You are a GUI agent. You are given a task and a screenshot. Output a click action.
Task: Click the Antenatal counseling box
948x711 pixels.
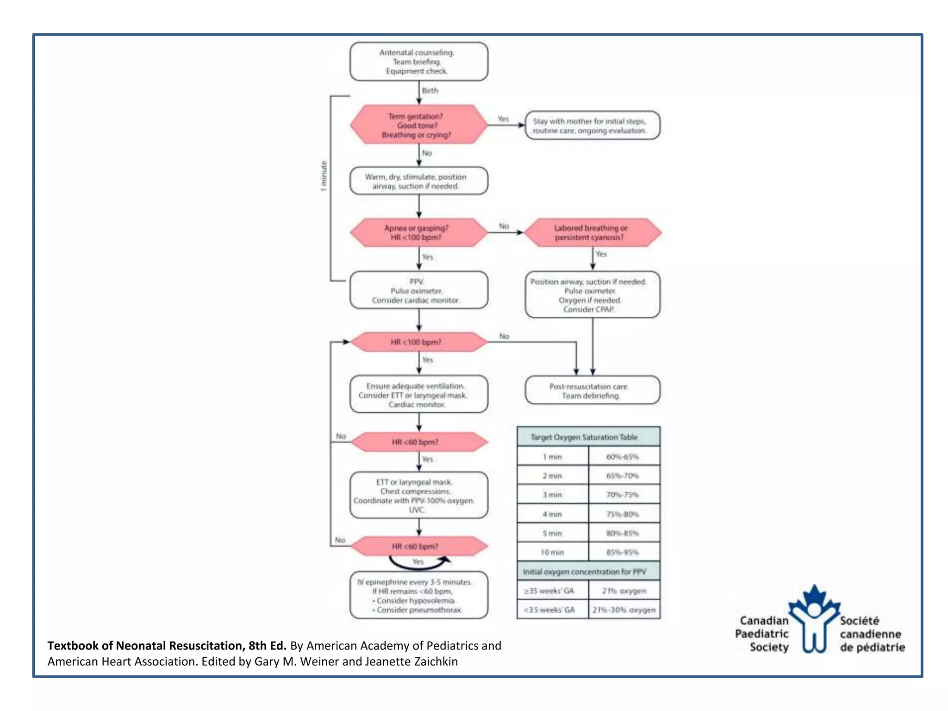pos(418,62)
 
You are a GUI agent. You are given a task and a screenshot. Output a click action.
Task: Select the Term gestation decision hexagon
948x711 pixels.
pos(418,125)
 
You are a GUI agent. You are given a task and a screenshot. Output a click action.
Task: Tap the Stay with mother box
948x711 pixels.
pos(592,125)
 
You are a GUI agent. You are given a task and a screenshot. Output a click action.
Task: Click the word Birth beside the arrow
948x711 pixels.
pos(430,91)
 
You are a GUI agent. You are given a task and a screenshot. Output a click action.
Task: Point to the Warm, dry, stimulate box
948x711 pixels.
pos(418,181)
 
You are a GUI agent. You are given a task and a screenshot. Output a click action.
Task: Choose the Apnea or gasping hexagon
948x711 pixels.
pos(418,232)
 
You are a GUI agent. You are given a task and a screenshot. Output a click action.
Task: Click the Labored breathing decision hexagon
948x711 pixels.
pos(592,232)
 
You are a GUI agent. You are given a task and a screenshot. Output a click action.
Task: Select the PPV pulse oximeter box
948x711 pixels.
pos(418,291)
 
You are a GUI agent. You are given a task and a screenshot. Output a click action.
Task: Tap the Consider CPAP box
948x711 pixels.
pos(592,295)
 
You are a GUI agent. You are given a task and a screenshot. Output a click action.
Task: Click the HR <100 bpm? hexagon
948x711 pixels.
pos(418,342)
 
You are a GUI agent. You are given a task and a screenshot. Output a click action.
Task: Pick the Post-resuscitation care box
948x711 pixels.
pos(592,391)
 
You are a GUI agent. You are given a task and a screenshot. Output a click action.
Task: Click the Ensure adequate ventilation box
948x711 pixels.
pos(418,395)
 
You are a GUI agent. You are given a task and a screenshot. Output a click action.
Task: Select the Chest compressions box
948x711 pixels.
pos(418,496)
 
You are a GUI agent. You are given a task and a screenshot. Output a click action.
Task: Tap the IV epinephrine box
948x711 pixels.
pos(418,596)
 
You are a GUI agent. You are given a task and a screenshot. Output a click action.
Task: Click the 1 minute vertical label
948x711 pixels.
pos(324,176)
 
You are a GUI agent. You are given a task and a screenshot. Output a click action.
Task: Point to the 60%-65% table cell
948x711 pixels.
pos(623,457)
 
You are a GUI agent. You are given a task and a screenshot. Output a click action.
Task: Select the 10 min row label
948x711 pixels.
pos(552,552)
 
